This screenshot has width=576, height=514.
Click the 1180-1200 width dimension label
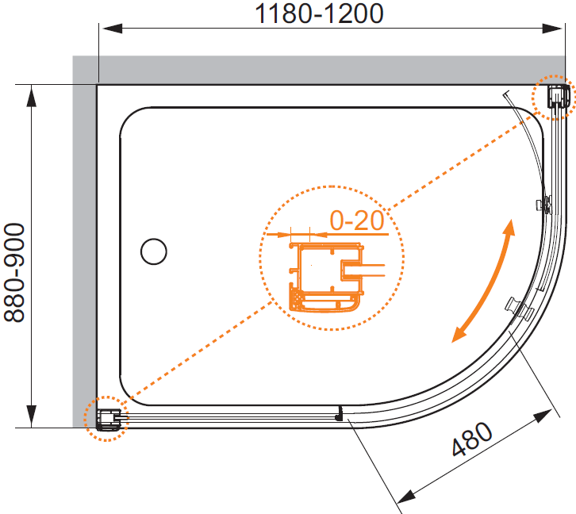pos(319,13)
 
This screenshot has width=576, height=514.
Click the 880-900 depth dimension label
pos(14,272)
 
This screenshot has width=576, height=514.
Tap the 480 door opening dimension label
pos(472,439)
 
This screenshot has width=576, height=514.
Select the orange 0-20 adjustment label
pos(357,221)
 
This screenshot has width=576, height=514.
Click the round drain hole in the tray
pos(154,251)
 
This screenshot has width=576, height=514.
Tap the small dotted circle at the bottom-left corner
pos(106,419)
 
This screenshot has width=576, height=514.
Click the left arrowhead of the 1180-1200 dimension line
pos(112,29)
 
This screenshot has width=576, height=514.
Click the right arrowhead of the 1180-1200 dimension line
pos(552,29)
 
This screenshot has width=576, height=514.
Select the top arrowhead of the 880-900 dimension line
pos(32,96)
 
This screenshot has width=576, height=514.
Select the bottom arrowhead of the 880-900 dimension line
pos(32,416)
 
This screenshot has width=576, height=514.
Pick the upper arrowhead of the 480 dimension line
pos(543,416)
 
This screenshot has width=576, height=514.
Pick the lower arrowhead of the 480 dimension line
pos(407,497)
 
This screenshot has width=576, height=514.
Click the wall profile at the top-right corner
pos(558,97)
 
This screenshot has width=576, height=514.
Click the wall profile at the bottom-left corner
pos(109,420)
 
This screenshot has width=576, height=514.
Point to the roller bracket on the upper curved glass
pos(543,204)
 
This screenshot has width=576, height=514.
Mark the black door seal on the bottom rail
pos(340,413)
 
